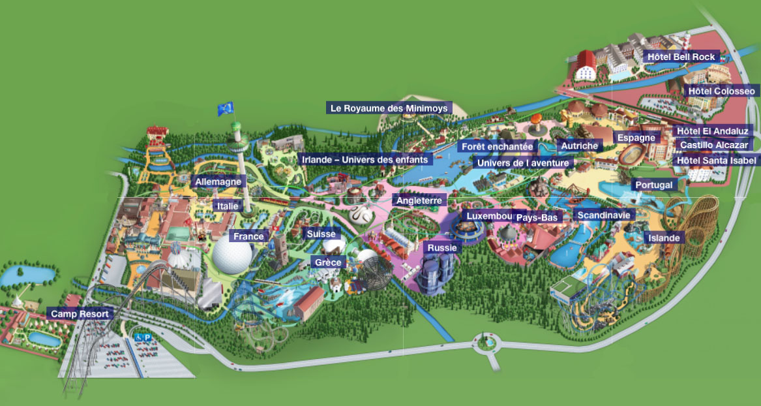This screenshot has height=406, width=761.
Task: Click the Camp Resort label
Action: (x=80, y=313)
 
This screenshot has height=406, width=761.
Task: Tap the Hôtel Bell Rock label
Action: (x=681, y=57)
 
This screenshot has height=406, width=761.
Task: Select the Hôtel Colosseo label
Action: (x=721, y=91)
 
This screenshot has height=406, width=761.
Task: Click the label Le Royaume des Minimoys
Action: (x=389, y=108)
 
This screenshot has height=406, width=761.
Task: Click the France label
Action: (x=248, y=236)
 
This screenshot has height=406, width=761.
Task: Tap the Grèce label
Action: (x=328, y=262)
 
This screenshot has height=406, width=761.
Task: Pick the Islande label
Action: (x=663, y=238)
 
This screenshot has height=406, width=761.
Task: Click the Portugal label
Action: (x=653, y=185)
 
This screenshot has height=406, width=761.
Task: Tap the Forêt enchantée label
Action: (x=497, y=147)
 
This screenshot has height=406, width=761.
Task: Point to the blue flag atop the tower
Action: (x=226, y=109)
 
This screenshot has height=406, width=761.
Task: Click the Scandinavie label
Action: (x=603, y=215)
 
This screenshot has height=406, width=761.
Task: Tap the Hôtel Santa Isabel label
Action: (x=716, y=160)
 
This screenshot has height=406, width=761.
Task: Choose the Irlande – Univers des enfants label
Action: (x=365, y=160)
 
